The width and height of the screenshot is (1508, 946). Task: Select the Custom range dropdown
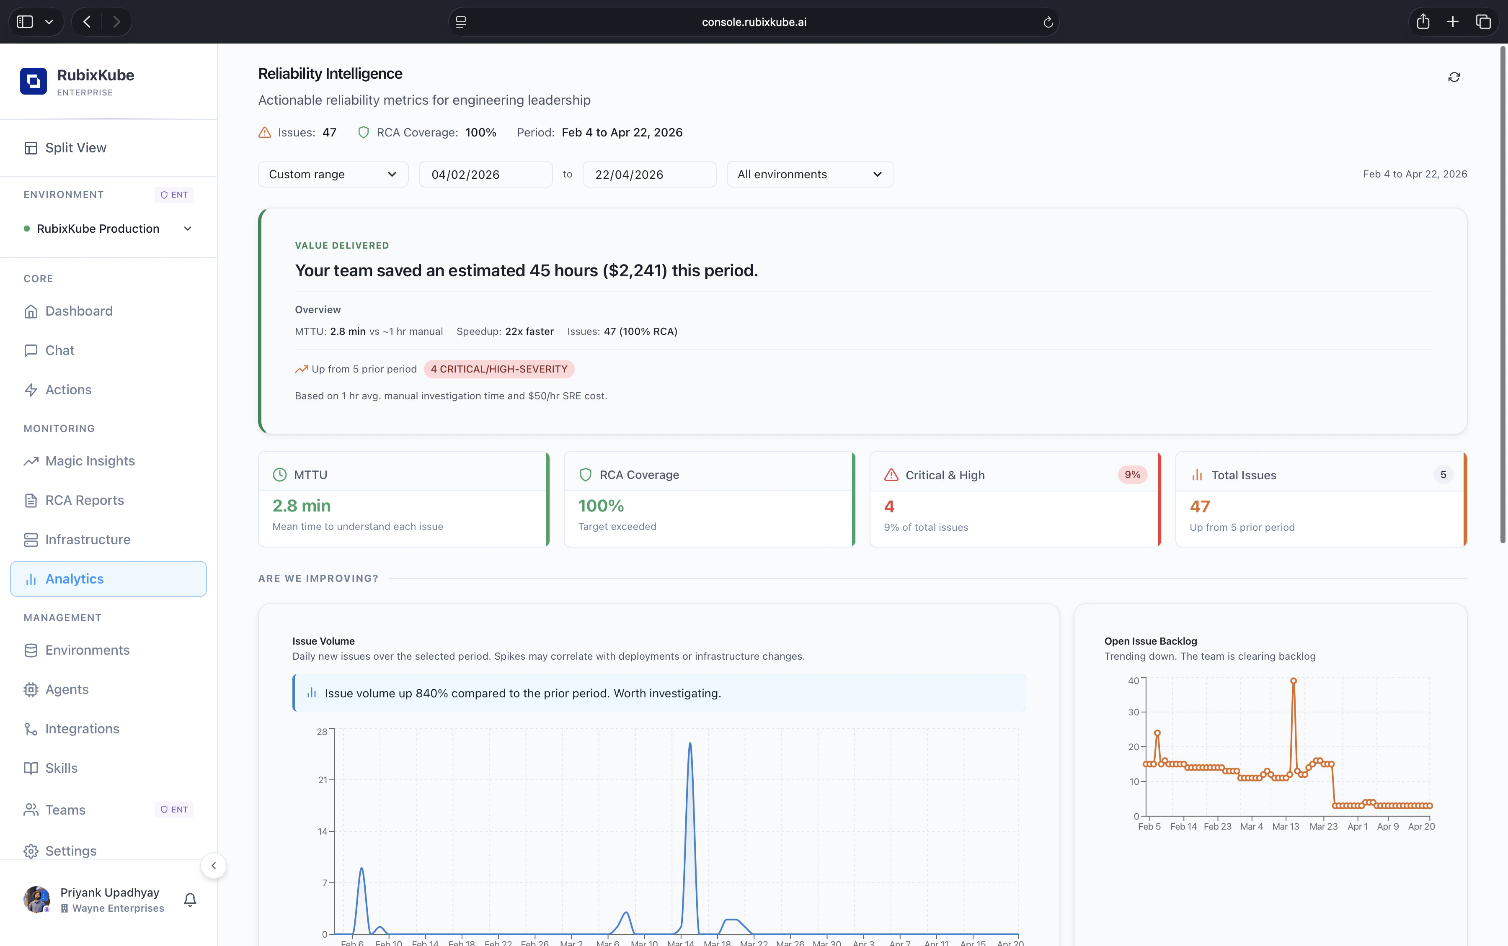(333, 174)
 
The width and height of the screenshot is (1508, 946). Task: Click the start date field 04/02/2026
(485, 175)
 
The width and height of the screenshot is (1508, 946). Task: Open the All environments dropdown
(809, 174)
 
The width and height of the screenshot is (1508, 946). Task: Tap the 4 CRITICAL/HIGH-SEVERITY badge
(499, 369)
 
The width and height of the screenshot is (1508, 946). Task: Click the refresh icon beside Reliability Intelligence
(1454, 77)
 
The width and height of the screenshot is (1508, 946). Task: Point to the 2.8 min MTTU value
(302, 506)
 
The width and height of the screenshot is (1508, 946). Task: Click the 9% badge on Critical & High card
(1132, 475)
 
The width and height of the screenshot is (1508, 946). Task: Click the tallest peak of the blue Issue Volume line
(690, 743)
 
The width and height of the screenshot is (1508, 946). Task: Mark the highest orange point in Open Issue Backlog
(1293, 681)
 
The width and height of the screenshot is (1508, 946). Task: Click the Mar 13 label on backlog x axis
(1285, 827)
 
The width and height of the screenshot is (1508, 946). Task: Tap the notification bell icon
(190, 900)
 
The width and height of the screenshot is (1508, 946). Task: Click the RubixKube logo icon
(33, 81)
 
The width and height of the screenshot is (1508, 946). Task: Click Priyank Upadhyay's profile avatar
(37, 900)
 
